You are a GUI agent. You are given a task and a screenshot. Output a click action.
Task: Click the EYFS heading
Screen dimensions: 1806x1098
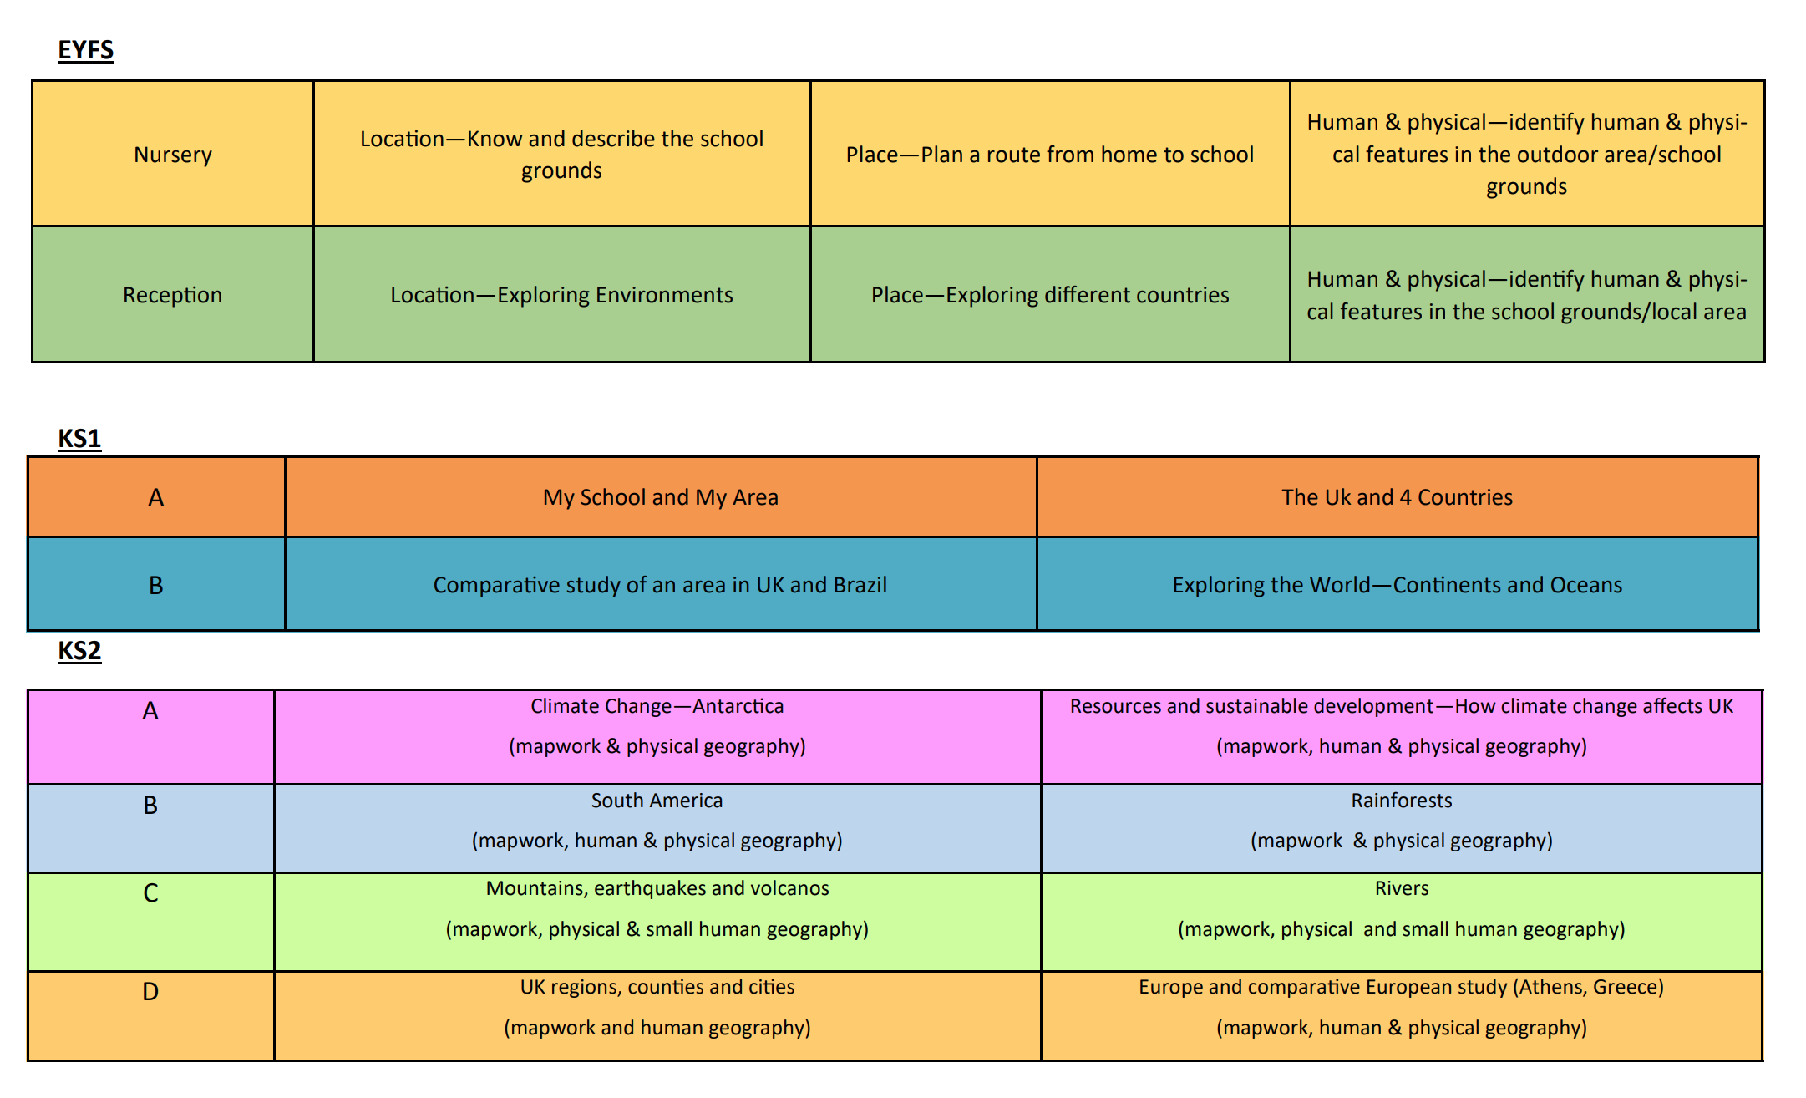(85, 50)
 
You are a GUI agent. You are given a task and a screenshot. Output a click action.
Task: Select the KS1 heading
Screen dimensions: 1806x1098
(79, 439)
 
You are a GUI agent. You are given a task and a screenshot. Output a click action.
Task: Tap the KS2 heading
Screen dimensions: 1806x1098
(79, 651)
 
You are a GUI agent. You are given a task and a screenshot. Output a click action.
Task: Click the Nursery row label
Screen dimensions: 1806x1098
(173, 155)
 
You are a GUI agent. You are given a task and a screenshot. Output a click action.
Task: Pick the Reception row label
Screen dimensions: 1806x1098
(173, 296)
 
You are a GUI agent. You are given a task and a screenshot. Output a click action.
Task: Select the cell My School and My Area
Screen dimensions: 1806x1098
(661, 498)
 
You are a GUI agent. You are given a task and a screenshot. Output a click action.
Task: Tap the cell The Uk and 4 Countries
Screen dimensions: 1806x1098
(1398, 498)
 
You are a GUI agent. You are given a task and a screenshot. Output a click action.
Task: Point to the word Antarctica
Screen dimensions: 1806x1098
(738, 707)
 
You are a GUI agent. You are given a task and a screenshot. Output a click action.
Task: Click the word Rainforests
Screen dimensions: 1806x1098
(1402, 801)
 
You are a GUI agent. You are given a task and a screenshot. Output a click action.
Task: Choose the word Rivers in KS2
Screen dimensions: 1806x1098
(1402, 888)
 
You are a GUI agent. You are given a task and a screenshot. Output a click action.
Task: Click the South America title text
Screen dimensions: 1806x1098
(657, 801)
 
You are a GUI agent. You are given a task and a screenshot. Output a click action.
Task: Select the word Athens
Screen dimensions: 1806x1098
(1553, 987)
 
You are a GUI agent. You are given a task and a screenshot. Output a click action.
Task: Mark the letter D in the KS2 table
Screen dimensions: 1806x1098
(150, 992)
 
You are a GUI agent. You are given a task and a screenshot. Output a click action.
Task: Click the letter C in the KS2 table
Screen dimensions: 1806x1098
(150, 893)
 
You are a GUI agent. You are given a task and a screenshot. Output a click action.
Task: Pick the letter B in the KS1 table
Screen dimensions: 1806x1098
(156, 586)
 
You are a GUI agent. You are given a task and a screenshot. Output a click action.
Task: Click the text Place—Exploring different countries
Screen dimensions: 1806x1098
(1050, 296)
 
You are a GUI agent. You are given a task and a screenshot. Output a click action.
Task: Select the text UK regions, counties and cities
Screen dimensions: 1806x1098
(657, 988)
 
